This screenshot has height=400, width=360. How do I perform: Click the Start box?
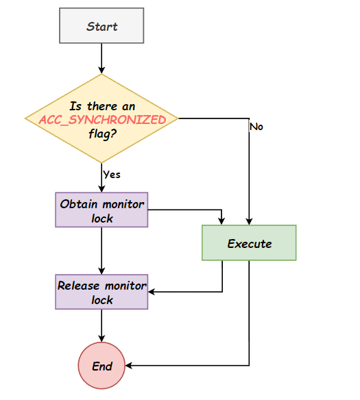101,25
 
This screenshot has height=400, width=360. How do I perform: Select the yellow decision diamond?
101,118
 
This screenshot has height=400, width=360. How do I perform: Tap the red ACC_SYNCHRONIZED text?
102,120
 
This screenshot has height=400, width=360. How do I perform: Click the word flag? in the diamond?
103,134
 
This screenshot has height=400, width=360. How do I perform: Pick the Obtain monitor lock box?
101,210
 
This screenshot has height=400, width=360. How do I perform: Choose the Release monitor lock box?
101,292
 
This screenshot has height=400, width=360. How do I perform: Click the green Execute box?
249,242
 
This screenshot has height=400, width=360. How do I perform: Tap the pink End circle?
101,366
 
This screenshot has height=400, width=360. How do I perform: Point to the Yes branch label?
112,175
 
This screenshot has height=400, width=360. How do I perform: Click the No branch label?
256,127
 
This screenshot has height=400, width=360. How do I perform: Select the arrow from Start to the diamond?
101,58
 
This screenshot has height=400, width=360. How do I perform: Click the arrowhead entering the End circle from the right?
128,366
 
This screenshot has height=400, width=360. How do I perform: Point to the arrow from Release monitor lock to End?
101,326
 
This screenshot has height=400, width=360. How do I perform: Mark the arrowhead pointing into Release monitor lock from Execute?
151,292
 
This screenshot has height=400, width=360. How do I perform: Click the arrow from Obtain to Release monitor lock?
101,251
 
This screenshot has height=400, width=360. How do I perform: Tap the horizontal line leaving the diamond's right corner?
214,118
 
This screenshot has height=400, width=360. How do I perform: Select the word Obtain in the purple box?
79,204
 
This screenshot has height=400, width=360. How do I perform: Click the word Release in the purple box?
78,286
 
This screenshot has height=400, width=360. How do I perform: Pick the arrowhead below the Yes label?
101,189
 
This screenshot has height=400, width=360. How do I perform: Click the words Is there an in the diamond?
102,106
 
